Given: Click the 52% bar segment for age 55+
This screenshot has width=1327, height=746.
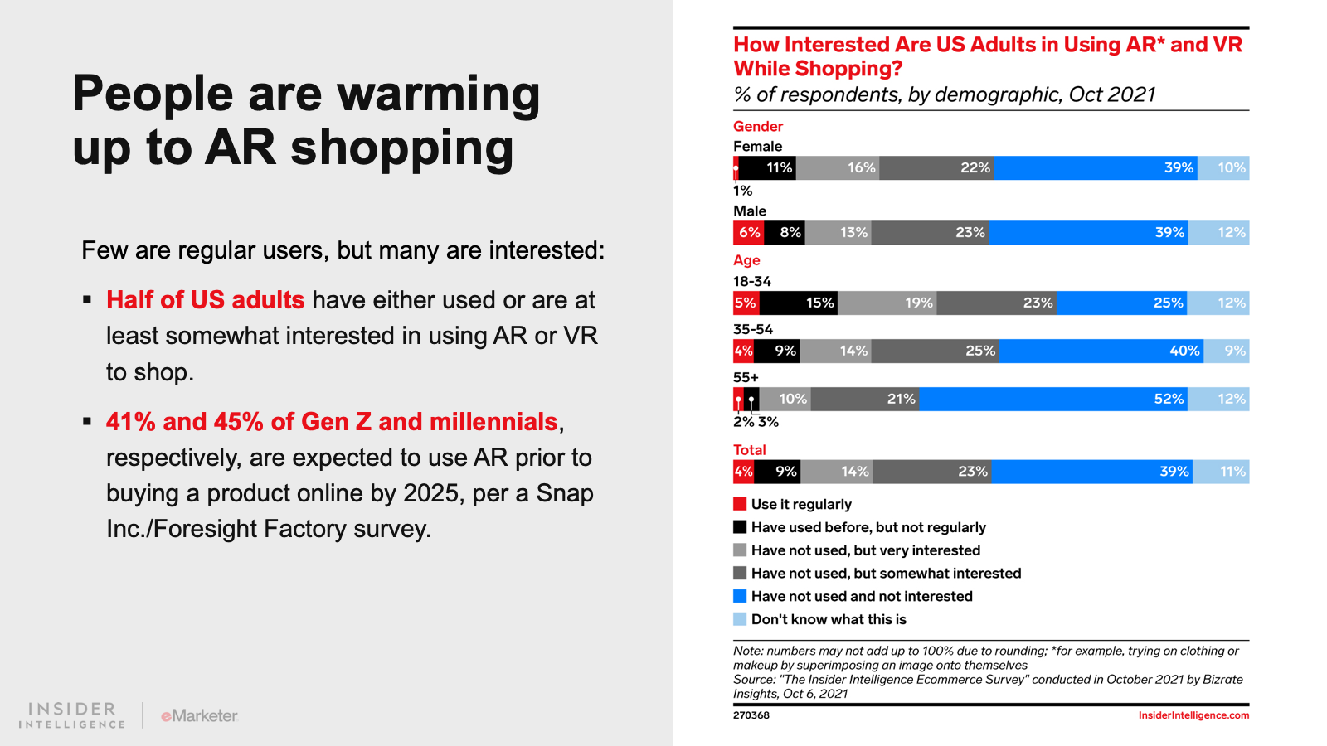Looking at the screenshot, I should pos(1053,399).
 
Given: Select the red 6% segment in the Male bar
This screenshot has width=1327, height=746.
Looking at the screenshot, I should pos(749,232).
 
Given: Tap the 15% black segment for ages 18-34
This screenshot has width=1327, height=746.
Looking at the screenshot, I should pos(798,303).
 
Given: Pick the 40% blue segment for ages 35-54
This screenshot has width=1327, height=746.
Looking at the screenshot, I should pos(1101,351).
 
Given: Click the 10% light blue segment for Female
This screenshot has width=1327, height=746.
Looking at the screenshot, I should pos(1224,167).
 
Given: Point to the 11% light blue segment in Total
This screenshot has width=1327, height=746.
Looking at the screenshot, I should pos(1222,472).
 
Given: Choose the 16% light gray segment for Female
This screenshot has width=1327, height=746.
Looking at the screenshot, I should pos(838,167).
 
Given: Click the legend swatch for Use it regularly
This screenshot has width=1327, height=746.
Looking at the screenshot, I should pos(740,504).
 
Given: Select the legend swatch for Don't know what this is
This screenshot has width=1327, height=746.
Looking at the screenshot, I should pos(740,619).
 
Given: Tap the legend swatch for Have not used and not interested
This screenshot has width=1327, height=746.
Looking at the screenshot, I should pos(740,596).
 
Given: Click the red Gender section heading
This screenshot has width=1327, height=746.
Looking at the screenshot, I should pos(758,126).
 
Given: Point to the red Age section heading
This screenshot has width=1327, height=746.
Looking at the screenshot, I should pos(746,259).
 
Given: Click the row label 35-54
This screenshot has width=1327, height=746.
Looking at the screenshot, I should pos(753,329).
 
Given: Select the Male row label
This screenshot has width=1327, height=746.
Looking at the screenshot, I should pos(750,211).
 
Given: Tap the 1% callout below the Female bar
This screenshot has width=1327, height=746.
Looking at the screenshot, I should pos(742,191).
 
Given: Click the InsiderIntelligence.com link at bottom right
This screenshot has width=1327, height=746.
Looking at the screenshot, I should pos(1193,715).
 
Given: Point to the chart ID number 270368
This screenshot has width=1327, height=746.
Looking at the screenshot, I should pos(751,715).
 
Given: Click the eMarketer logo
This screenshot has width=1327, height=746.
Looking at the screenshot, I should pos(199,715).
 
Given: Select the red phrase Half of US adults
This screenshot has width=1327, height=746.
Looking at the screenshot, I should pos(205,300).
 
